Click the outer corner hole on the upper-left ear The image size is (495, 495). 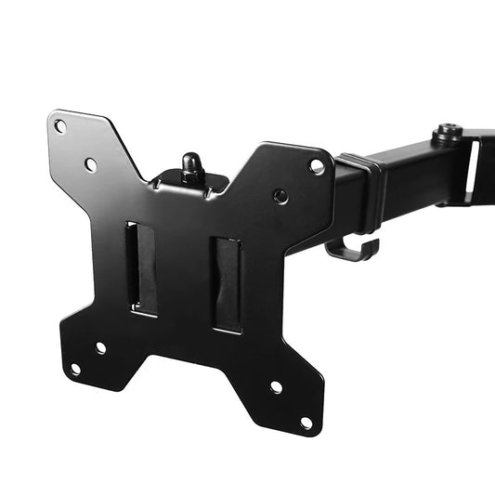60,126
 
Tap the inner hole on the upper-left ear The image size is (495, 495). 91,164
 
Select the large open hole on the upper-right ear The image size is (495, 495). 317,166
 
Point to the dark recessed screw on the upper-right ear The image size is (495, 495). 280,196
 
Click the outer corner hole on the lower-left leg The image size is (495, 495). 75,369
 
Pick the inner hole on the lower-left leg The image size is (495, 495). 100,347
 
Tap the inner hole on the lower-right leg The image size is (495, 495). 276,386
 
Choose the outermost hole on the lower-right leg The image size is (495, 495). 306,423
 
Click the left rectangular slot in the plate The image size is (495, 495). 142,268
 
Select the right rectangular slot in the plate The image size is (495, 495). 227,284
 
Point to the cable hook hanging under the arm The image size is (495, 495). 353,249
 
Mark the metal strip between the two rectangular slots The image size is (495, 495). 184,275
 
